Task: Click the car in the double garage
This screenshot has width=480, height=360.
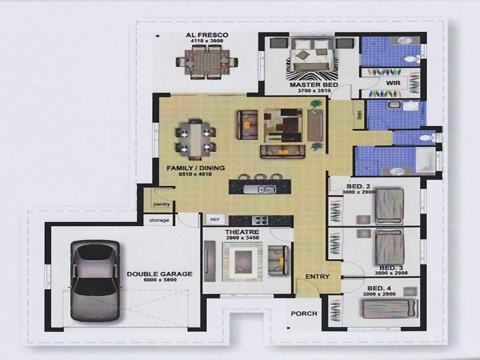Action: point(95,281)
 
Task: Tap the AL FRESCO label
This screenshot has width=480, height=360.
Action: point(207,35)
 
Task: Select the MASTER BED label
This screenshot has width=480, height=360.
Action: point(314,85)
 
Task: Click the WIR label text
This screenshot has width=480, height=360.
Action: point(393,83)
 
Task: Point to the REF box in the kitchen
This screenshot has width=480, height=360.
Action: point(215,220)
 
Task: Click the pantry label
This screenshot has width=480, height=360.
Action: point(161,204)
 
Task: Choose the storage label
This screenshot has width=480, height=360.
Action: point(159,220)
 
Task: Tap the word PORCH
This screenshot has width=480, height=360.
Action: point(304,313)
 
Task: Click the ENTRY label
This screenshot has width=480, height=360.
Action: point(317,277)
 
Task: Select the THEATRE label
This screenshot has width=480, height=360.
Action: point(242,232)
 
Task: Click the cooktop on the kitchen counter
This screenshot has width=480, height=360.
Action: point(260,220)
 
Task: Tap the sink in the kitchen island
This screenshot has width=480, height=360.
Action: point(260,190)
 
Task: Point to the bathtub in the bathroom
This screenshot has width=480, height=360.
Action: point(425,160)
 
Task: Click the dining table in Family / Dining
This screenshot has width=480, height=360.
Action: point(195,139)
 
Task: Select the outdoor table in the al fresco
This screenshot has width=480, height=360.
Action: point(207,62)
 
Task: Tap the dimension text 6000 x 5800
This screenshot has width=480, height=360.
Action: point(159,280)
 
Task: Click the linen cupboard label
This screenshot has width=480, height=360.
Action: point(359,115)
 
